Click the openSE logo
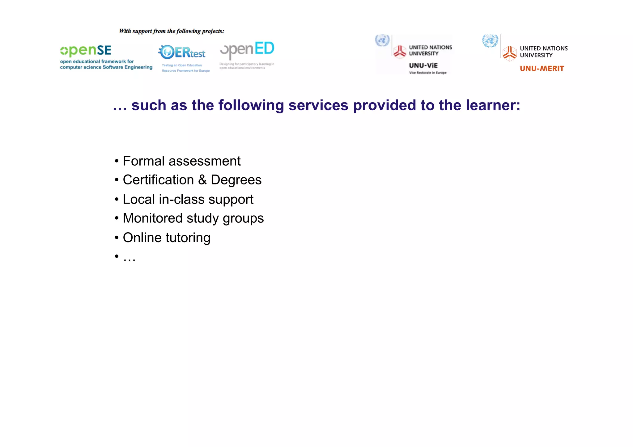click(86, 51)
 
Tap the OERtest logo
click(182, 52)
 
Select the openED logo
click(247, 50)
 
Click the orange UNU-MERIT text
click(542, 69)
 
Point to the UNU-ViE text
click(423, 65)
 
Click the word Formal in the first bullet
click(144, 161)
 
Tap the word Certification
click(158, 180)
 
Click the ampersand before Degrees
click(202, 180)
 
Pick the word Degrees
click(236, 180)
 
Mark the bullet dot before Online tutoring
click(117, 238)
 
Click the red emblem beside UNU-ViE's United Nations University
click(400, 52)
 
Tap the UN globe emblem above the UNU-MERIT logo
click(490, 41)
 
